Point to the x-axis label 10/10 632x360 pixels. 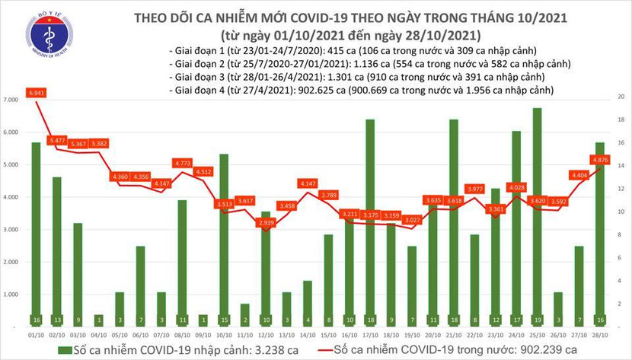[224, 333]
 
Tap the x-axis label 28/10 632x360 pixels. [600, 333]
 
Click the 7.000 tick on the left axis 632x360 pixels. [12, 100]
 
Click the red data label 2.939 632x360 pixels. [266, 224]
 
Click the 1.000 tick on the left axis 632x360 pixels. [12, 294]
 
